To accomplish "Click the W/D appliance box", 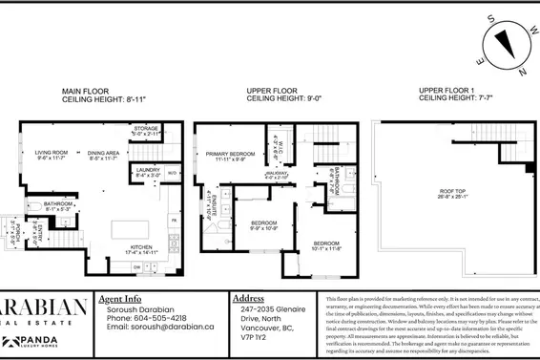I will tap(172, 173).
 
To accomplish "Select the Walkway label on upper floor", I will tap(276, 175).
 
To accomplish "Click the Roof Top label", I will tap(452, 197).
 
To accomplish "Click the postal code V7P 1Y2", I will tap(251, 336).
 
